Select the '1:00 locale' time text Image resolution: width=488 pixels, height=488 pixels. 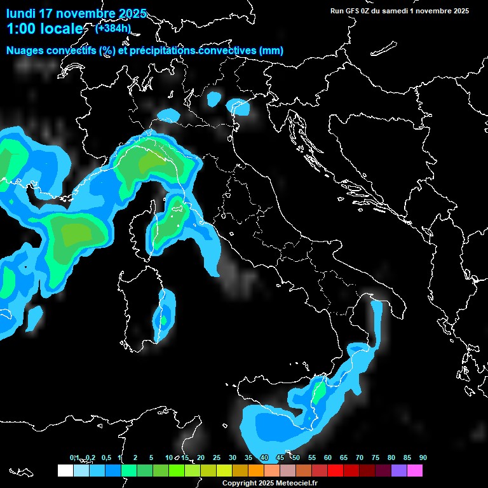[x=44, y=29]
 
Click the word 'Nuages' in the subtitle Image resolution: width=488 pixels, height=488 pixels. [x=25, y=51]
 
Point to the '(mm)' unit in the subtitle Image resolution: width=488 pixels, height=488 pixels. [x=271, y=51]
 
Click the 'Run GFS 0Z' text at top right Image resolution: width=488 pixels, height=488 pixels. [x=355, y=11]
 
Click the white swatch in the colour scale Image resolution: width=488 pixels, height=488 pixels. [x=65, y=470]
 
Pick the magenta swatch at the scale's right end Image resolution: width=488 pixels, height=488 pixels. [x=414, y=470]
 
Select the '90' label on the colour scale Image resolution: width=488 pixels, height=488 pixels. [x=423, y=457]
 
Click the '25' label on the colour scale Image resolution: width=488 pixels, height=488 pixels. [x=217, y=457]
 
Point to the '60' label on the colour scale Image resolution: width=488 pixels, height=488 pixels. [x=328, y=457]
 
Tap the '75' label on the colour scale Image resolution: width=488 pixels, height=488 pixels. [x=376, y=457]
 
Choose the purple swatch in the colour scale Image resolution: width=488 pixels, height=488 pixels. [x=398, y=470]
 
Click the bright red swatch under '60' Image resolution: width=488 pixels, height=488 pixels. [x=335, y=470]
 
